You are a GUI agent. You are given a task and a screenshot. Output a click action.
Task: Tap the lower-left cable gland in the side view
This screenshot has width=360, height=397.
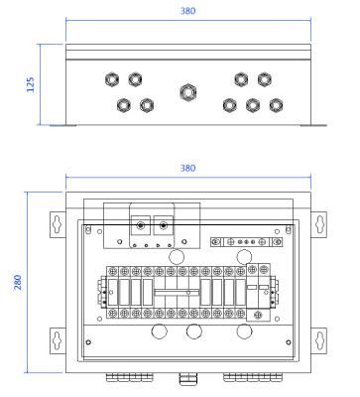122,104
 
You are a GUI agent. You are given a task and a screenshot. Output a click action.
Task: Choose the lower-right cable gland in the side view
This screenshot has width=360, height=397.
279,104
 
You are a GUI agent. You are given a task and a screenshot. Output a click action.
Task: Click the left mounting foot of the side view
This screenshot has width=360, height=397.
65,123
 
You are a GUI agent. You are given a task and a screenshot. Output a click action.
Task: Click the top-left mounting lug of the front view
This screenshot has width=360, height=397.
57,226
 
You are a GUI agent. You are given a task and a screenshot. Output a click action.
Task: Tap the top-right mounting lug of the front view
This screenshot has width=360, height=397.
319,226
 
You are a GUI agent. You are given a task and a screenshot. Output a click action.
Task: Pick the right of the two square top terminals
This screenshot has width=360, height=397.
164,227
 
